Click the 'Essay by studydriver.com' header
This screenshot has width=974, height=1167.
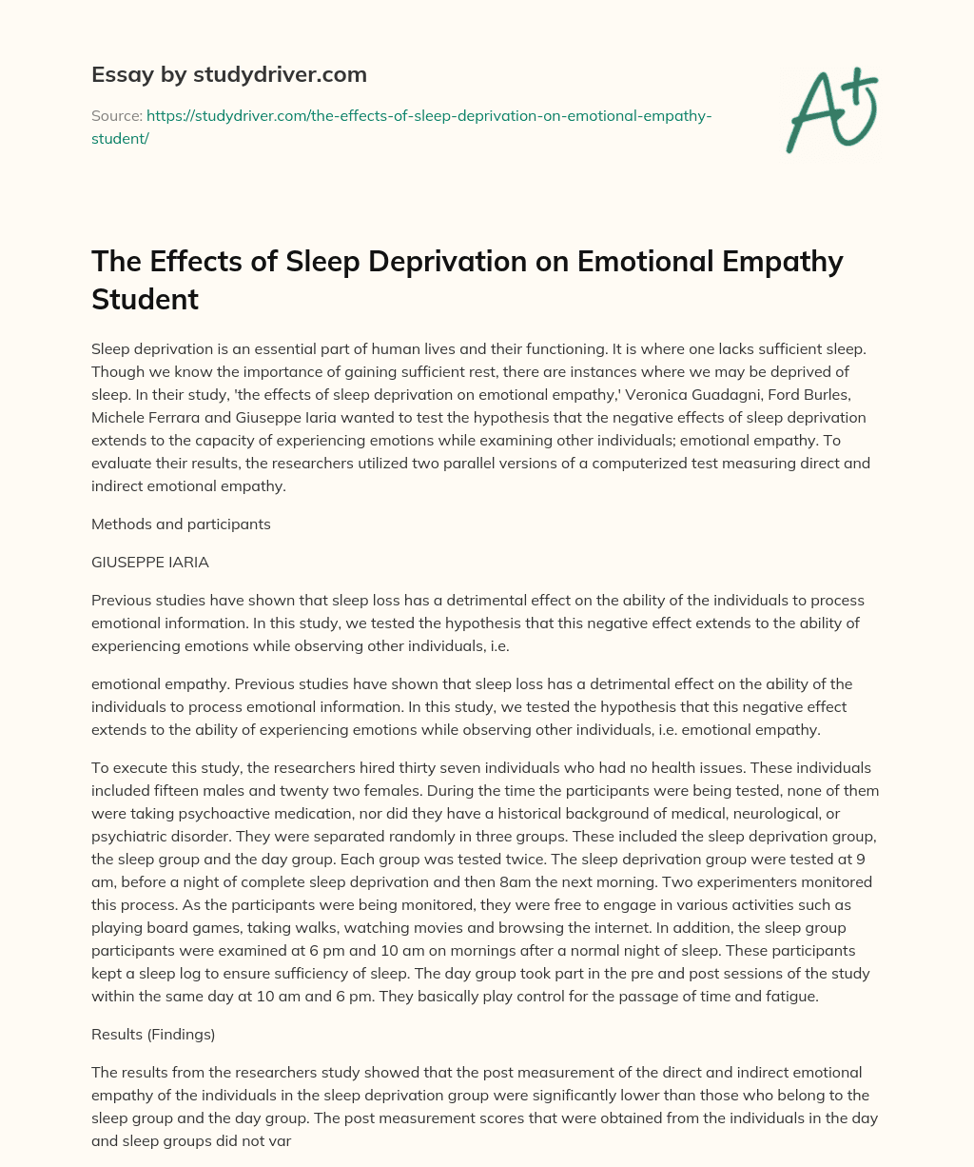229,74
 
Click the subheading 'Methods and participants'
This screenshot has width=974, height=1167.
181,524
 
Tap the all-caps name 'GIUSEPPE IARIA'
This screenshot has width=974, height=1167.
150,563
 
